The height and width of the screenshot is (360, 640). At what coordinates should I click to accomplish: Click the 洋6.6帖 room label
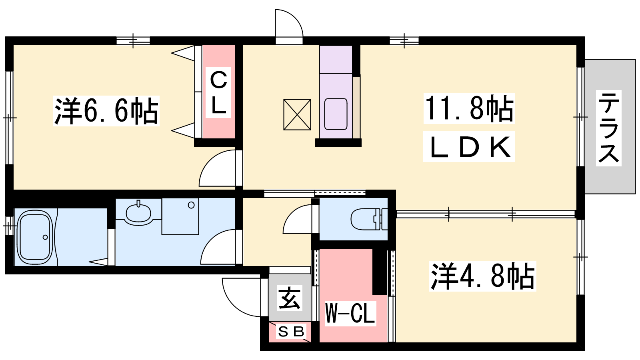[x=106, y=111]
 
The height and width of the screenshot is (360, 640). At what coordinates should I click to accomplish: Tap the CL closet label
[x=218, y=92]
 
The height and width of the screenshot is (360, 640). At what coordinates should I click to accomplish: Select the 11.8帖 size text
[x=469, y=108]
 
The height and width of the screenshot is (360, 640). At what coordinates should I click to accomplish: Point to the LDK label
[x=469, y=147]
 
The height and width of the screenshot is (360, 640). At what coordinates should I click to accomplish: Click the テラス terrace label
[x=608, y=128]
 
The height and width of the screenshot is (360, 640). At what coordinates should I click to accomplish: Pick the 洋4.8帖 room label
[x=482, y=276]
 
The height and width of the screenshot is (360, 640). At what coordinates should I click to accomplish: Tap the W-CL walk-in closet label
[x=350, y=313]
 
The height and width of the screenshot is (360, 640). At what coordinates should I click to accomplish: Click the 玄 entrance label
[x=289, y=298]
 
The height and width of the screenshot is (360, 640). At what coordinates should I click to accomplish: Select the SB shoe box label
[x=291, y=332]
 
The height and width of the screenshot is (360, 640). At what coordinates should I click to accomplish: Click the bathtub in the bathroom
[x=35, y=237]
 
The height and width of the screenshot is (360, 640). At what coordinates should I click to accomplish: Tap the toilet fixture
[x=368, y=219]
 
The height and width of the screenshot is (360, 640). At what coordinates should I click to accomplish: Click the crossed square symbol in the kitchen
[x=297, y=114]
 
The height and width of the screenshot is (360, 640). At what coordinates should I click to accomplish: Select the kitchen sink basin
[x=336, y=114]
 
